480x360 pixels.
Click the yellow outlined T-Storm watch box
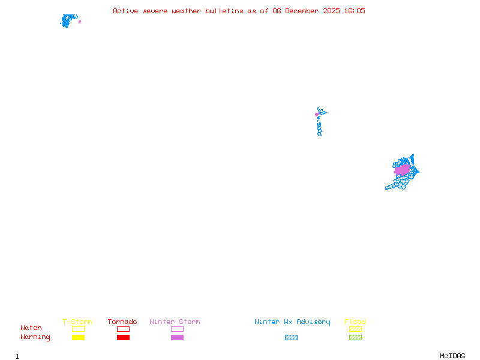(x=78, y=329)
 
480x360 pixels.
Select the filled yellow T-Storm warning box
(x=78, y=337)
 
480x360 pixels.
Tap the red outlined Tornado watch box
(x=123, y=329)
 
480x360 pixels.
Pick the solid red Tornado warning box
(x=123, y=337)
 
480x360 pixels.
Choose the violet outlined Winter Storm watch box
(x=177, y=329)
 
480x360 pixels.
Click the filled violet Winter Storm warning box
(x=177, y=337)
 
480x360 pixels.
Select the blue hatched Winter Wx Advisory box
(x=291, y=337)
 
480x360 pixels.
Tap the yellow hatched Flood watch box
(x=355, y=329)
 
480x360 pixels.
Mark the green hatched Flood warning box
(x=355, y=337)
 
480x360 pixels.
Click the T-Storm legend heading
(x=77, y=322)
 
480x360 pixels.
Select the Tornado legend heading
(x=122, y=322)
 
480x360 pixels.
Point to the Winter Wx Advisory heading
(x=292, y=322)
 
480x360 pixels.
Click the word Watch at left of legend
(x=31, y=328)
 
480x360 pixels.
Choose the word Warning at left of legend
(x=35, y=337)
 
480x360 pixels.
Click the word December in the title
(x=304, y=11)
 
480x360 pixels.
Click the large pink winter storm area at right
(x=402, y=170)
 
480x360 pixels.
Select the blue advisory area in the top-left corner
(x=68, y=20)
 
